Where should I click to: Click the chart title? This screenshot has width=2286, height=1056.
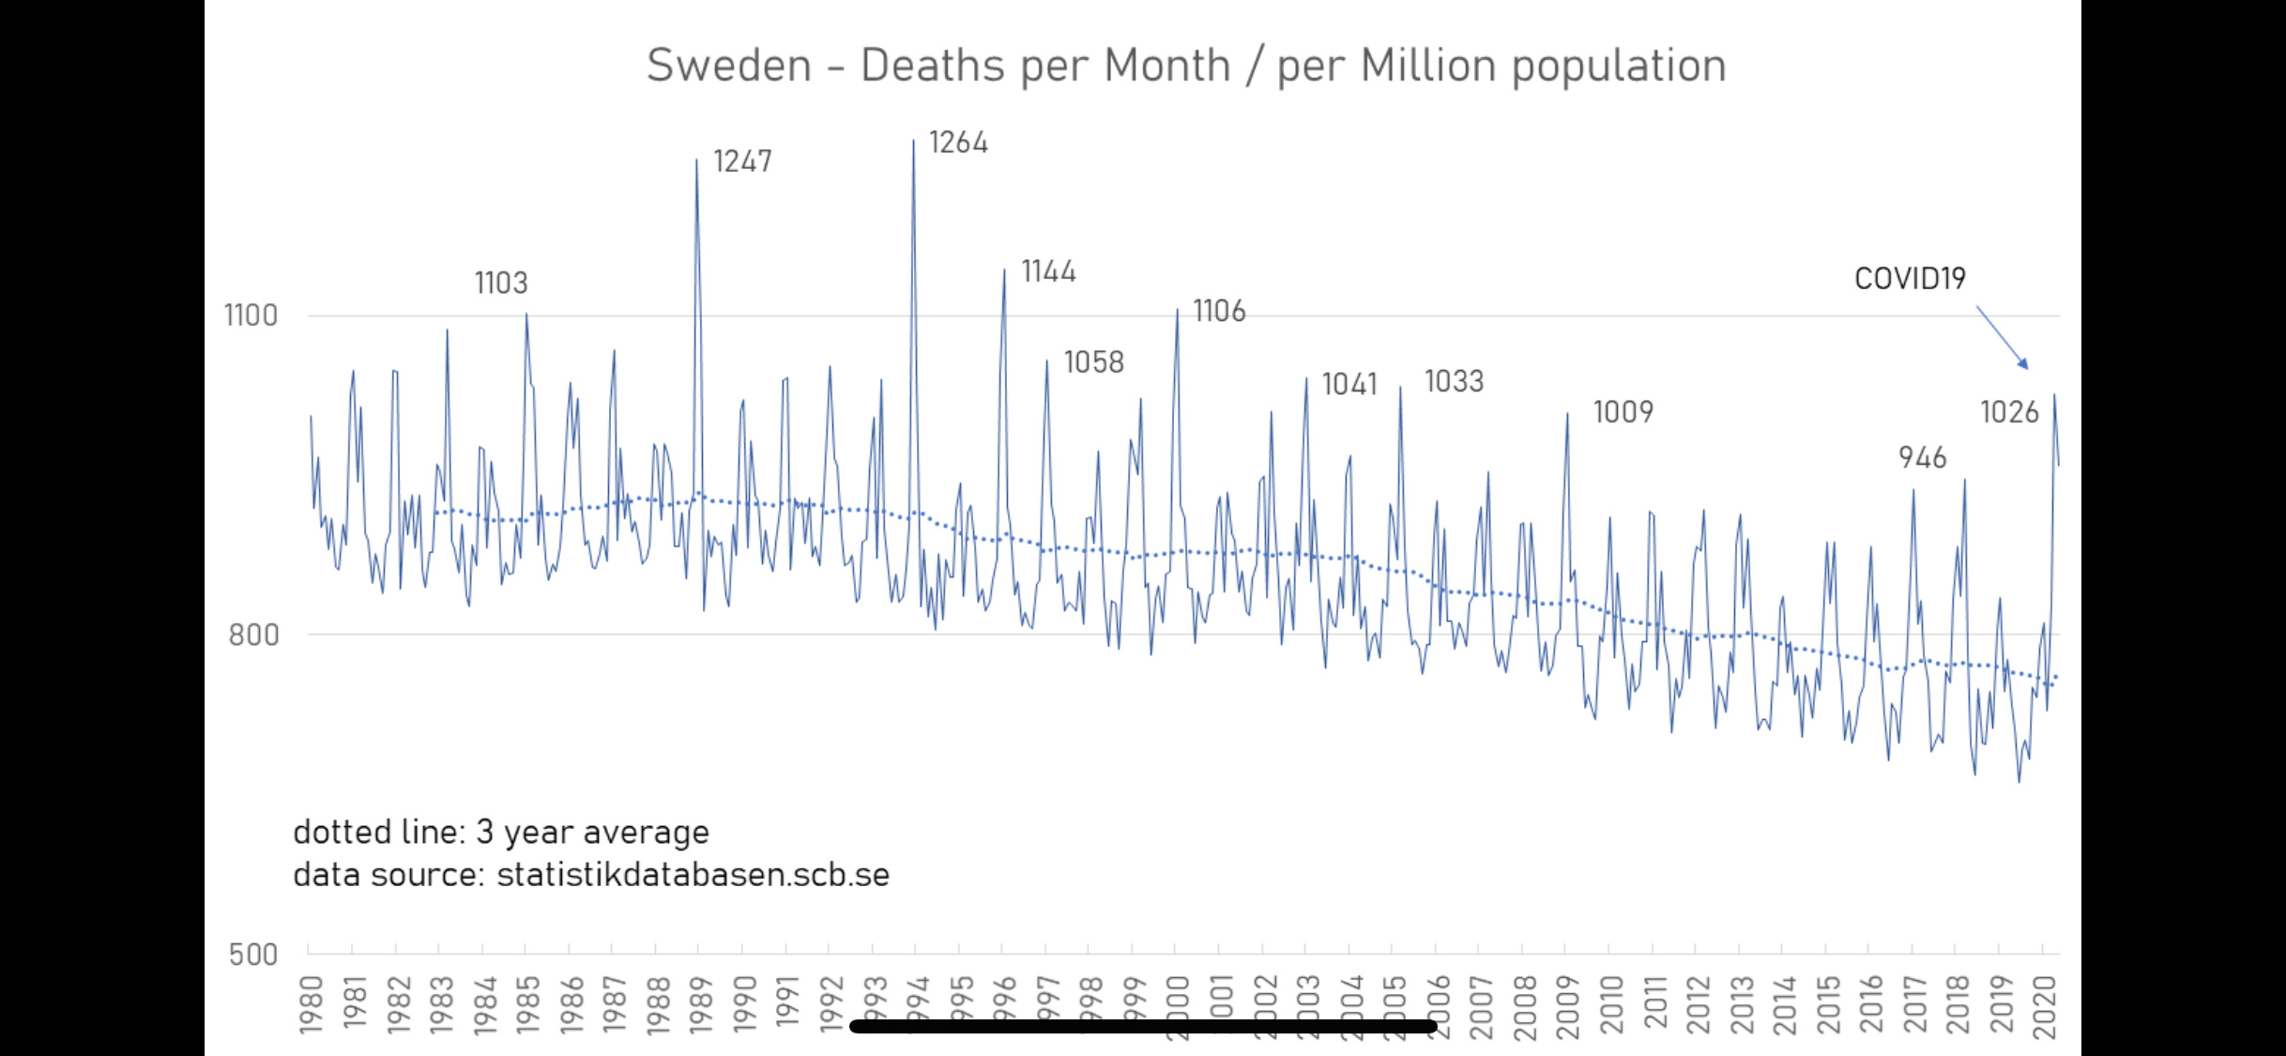1186,66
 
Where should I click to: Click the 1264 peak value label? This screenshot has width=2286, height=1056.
958,143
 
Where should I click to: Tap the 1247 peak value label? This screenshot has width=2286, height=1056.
742,161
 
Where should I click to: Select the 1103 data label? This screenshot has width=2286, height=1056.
501,283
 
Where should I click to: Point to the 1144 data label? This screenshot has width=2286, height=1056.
1048,271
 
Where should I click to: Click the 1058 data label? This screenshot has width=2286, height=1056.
1093,362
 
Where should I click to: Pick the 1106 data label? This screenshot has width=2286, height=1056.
1219,311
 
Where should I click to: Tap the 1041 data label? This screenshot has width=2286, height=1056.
1349,384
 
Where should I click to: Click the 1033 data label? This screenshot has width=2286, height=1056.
1454,381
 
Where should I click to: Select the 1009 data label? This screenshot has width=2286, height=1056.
1623,411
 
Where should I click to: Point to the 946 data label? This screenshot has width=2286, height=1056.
1922,457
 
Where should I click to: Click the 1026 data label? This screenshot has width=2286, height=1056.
2009,411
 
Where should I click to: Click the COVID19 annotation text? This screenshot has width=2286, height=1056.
1910,278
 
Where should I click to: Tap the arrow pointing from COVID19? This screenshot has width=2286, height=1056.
2003,337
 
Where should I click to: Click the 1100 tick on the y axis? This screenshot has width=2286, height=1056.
251,315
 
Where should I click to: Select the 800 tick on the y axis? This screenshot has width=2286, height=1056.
253,635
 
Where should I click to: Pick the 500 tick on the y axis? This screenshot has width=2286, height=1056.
253,955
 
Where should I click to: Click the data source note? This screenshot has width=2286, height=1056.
590,874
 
